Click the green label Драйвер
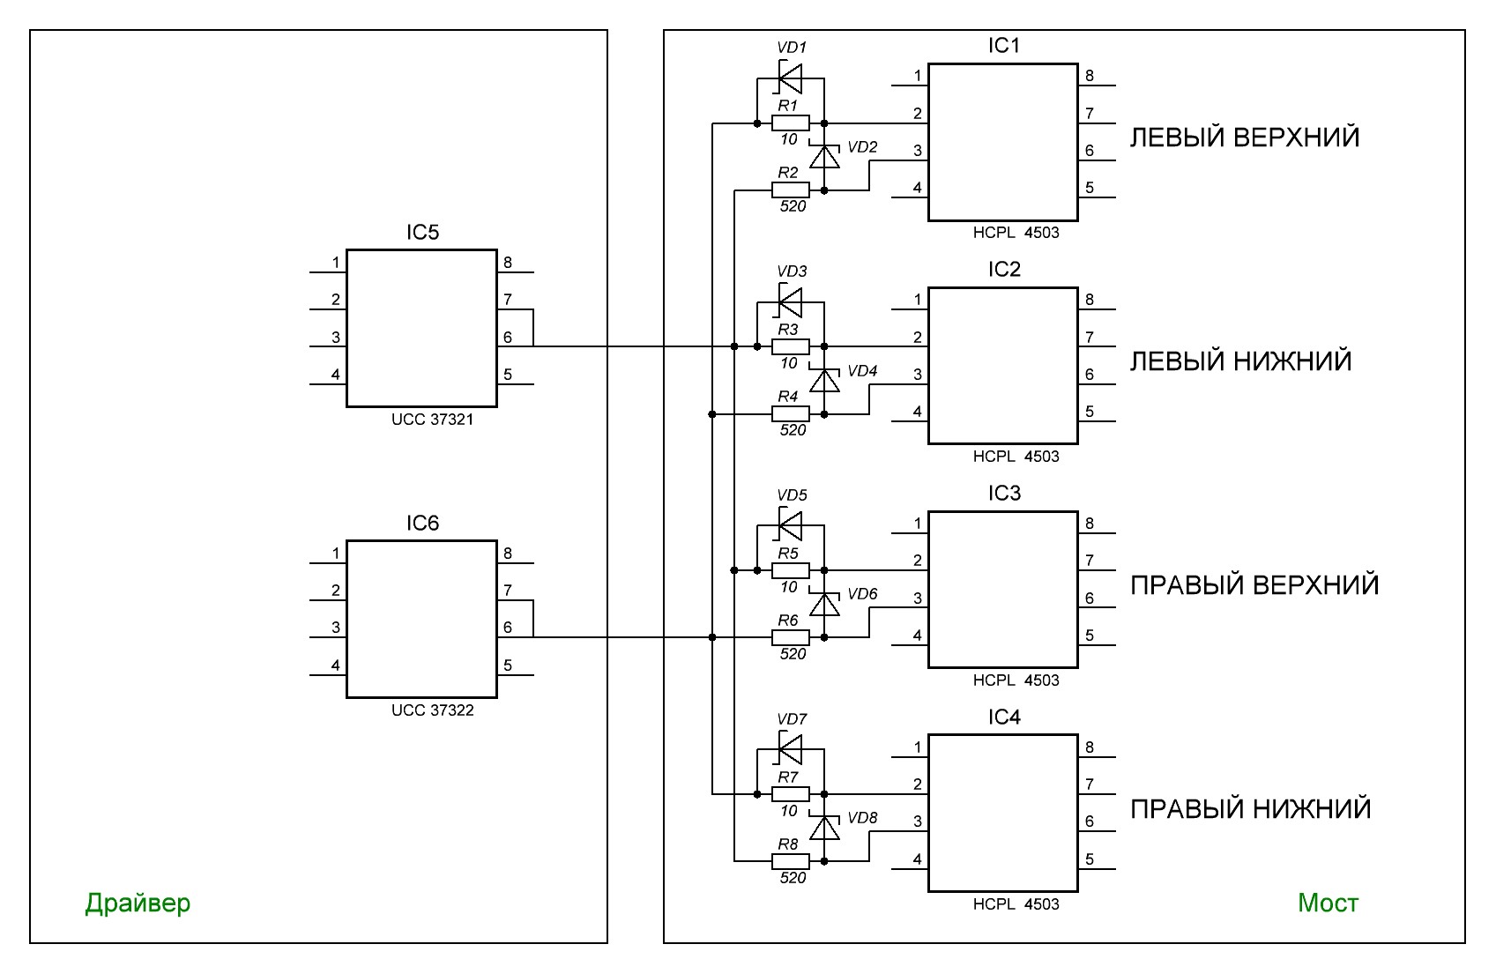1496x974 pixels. tap(138, 903)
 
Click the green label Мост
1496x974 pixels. tap(1328, 903)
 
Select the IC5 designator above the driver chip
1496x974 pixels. tap(423, 233)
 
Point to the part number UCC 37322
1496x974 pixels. tap(432, 710)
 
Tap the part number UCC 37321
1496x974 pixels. tap(432, 420)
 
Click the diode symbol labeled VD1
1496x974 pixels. tap(790, 78)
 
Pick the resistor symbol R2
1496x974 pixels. tap(790, 190)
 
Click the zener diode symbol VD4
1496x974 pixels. tap(824, 379)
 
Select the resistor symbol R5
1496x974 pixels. tap(790, 570)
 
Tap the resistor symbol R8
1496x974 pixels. tap(790, 861)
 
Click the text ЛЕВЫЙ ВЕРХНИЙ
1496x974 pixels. tap(1245, 138)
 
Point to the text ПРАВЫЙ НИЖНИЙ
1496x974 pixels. tap(1251, 809)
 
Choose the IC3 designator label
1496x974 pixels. tap(1004, 494)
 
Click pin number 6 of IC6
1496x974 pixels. tap(508, 628)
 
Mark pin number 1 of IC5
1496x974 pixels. tap(336, 263)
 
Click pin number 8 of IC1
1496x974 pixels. tap(1090, 76)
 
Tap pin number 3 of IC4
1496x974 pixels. tap(918, 822)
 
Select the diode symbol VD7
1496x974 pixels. tap(790, 748)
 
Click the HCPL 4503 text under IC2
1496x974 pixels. tap(1016, 457)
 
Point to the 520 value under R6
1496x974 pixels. tap(793, 654)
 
